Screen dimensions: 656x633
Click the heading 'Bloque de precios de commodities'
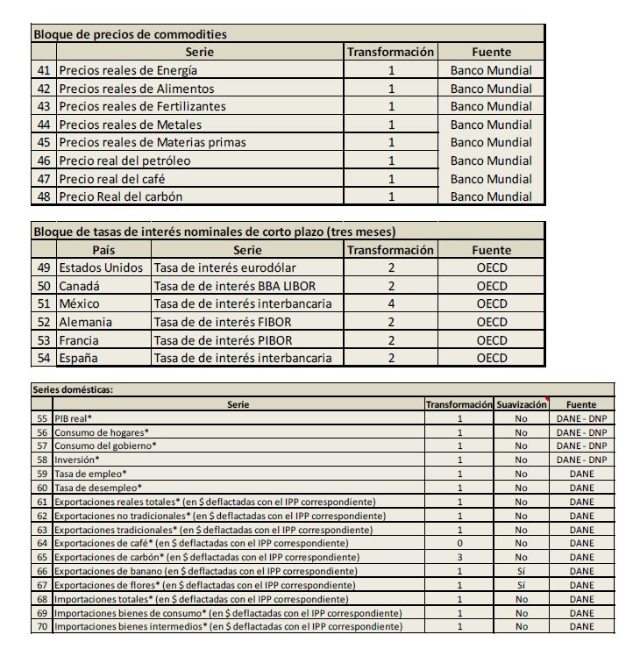click(130, 34)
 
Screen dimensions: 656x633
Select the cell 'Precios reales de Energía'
click(128, 70)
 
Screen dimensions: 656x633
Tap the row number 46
click(44, 160)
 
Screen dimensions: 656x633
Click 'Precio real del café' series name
click(111, 179)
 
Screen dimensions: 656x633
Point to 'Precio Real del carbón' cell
click(120, 196)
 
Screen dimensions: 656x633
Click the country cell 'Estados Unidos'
click(100, 267)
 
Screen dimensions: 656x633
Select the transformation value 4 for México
click(391, 303)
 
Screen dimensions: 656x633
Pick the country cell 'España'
click(78, 358)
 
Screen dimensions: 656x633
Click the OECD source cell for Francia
click(492, 340)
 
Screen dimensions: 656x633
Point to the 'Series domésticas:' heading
click(74, 390)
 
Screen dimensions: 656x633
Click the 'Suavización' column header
click(522, 405)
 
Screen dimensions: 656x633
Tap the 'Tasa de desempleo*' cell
click(98, 488)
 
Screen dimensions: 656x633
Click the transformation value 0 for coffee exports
click(459, 543)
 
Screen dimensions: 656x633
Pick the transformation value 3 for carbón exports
click(459, 557)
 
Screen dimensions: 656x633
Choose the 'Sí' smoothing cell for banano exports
click(522, 571)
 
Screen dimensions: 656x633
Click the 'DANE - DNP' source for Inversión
click(581, 460)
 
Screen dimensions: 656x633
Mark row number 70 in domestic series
click(42, 626)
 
